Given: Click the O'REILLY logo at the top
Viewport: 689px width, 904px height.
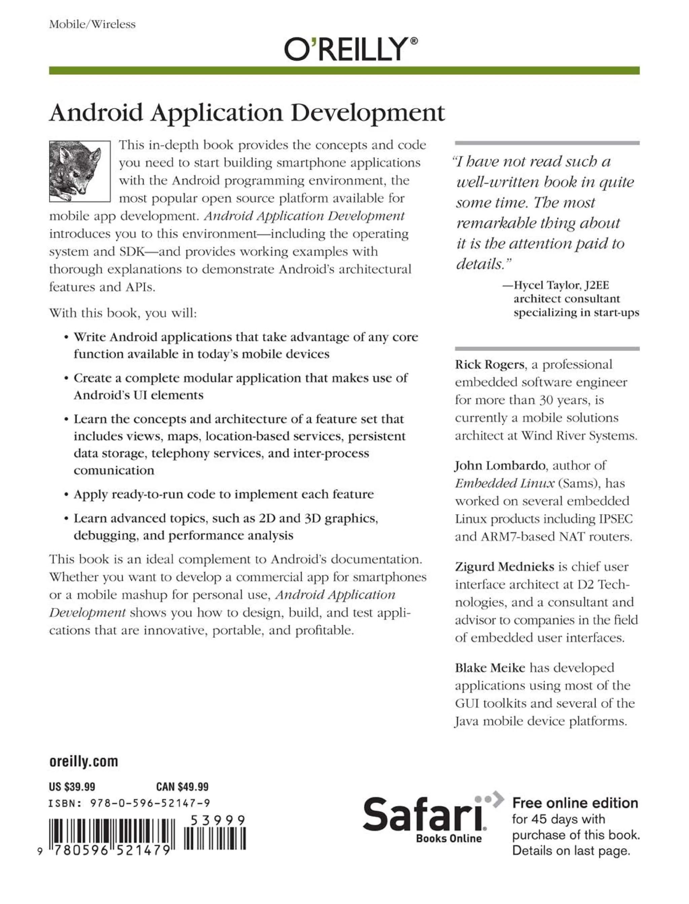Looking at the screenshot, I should pyautogui.click(x=351, y=49).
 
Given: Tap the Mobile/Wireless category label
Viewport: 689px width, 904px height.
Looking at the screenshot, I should pyautogui.click(x=92, y=24).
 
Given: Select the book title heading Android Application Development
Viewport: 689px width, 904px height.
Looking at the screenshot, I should pyautogui.click(x=247, y=113).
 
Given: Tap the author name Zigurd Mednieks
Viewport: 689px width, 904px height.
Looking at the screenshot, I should pyautogui.click(x=504, y=567).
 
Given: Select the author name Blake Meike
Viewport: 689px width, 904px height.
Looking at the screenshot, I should pyautogui.click(x=490, y=668).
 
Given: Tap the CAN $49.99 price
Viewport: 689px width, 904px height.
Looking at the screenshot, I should pyautogui.click(x=182, y=786).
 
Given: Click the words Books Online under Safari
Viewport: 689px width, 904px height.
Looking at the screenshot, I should pyautogui.click(x=449, y=838).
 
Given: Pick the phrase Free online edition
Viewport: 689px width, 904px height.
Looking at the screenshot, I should pyautogui.click(x=575, y=803).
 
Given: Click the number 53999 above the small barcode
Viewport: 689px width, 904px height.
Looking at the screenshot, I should pyautogui.click(x=218, y=820).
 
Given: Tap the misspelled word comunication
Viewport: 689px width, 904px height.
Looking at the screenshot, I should pyautogui.click(x=114, y=470).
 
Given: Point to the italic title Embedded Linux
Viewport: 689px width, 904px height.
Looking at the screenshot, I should pyautogui.click(x=504, y=483).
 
